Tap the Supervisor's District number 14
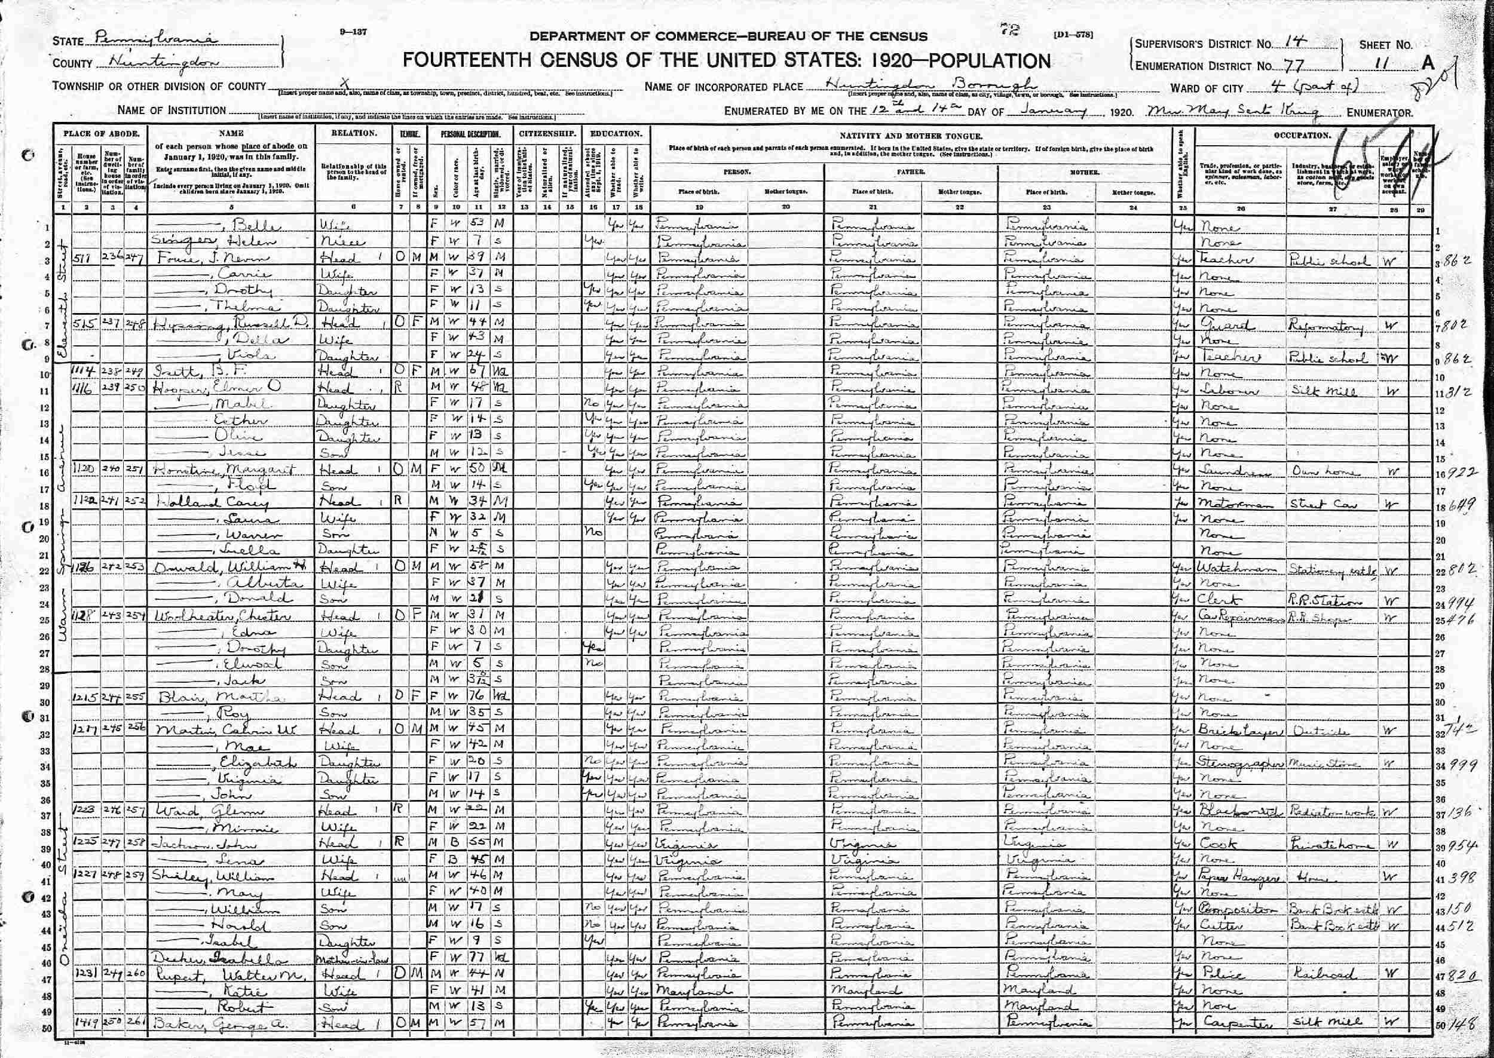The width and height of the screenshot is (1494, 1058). pos(1293,42)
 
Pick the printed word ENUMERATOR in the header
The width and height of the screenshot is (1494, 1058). pos(1380,113)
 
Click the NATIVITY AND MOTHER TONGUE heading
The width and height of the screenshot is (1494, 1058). pos(911,136)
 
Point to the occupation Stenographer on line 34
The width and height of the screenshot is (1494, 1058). pos(1239,763)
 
